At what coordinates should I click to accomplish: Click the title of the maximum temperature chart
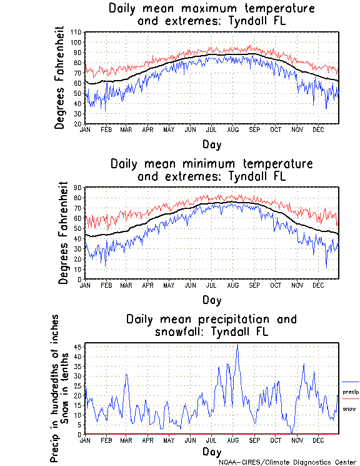(x=211, y=15)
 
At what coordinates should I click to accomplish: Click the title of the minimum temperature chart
(x=211, y=170)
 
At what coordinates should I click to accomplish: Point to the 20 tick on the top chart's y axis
(x=78, y=124)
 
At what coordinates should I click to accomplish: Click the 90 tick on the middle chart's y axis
(x=78, y=188)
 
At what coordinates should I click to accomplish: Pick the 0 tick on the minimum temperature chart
(x=80, y=279)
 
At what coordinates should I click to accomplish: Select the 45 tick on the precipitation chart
(x=78, y=346)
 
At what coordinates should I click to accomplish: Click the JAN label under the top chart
(x=86, y=129)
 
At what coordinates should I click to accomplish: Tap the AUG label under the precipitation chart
(x=232, y=440)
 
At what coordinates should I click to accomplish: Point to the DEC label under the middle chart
(x=317, y=285)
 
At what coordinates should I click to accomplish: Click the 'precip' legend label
(x=350, y=392)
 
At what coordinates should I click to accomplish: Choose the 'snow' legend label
(x=349, y=408)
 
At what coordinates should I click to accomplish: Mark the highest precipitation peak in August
(x=237, y=344)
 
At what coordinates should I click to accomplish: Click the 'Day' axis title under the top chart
(x=211, y=144)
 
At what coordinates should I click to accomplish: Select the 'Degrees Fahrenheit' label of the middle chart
(x=62, y=233)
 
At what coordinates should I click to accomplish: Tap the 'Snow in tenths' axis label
(x=66, y=388)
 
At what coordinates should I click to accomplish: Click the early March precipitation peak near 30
(x=126, y=374)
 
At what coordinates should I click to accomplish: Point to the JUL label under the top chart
(x=211, y=129)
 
